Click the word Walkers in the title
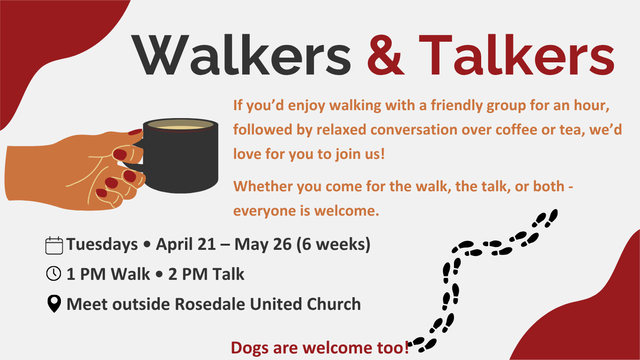(x=241, y=55)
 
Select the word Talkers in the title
(x=517, y=55)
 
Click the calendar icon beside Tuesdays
(x=54, y=245)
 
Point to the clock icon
(x=53, y=273)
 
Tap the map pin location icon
(x=54, y=304)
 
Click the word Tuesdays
(x=102, y=245)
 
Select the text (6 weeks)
(x=334, y=245)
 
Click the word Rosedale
(x=210, y=304)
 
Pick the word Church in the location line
(x=334, y=304)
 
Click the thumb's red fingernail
(x=135, y=132)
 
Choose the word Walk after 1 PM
(x=130, y=274)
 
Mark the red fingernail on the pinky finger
(x=101, y=193)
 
